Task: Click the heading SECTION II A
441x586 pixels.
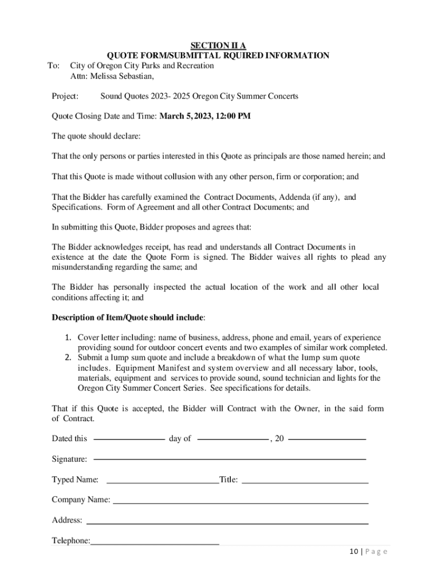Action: (x=218, y=46)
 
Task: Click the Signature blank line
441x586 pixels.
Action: (x=229, y=459)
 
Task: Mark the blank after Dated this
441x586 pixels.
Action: (x=129, y=439)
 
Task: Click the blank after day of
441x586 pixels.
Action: (x=233, y=439)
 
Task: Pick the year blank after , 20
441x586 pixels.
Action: (x=327, y=439)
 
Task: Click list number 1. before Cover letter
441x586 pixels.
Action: (x=68, y=338)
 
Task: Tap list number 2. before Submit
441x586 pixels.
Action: (x=68, y=358)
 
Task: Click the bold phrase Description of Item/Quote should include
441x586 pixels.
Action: (x=128, y=317)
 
